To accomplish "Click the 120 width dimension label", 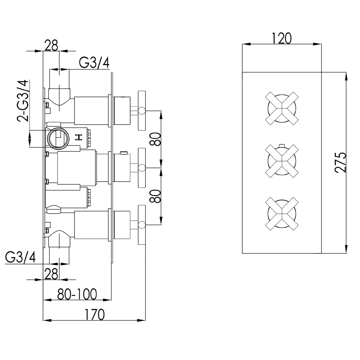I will click(282, 38).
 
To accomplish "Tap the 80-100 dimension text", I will click(77, 294).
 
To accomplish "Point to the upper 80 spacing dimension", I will click(155, 139).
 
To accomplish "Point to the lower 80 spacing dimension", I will click(155, 196).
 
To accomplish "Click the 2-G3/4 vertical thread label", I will click(22, 101).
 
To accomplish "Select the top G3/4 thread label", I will click(94, 63).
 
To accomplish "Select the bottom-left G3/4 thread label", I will click(21, 258).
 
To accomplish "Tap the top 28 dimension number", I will click(51, 46).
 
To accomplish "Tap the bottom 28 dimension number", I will click(51, 274).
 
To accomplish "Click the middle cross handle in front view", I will click(282, 161).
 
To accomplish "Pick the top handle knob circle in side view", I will click(142, 111).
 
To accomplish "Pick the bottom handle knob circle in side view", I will click(142, 225).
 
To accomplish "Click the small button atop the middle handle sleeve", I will click(124, 153).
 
